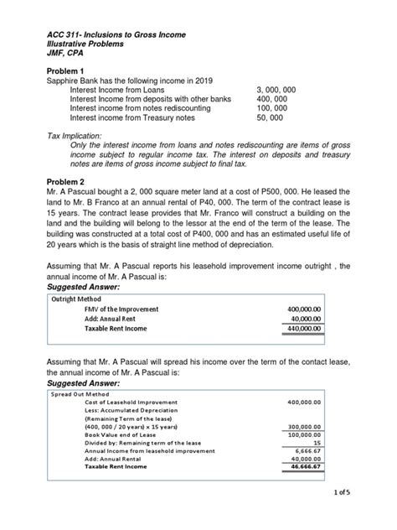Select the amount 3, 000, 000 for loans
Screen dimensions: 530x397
(x=284, y=88)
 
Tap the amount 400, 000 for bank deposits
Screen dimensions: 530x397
(x=276, y=99)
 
